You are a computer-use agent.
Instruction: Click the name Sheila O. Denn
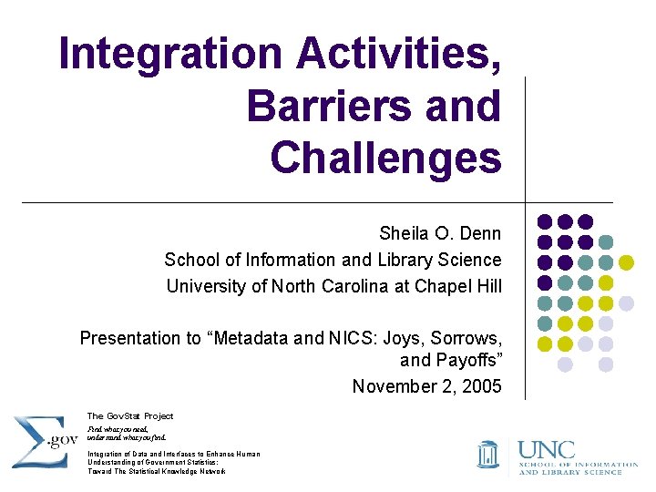[x=440, y=234]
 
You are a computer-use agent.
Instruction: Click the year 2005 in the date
[x=481, y=386]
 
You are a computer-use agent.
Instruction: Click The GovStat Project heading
[x=129, y=415]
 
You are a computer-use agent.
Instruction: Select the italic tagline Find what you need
[x=117, y=427]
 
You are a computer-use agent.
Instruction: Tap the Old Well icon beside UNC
[x=488, y=453]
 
